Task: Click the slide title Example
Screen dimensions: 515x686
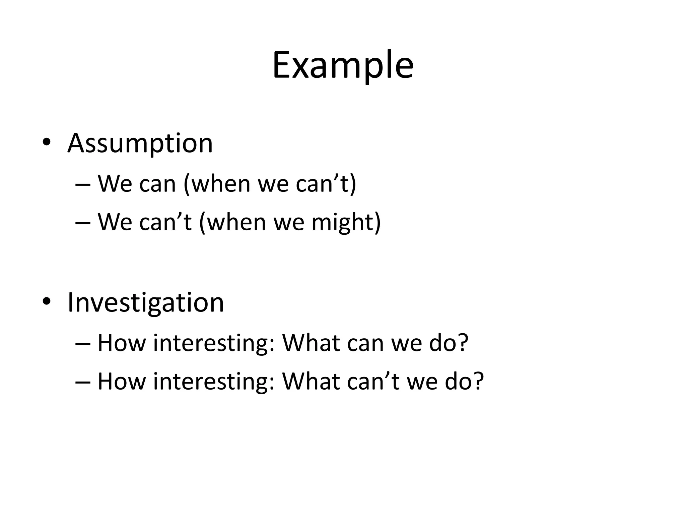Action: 343,65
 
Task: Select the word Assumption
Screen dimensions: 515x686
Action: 140,144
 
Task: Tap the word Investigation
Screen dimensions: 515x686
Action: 146,302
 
